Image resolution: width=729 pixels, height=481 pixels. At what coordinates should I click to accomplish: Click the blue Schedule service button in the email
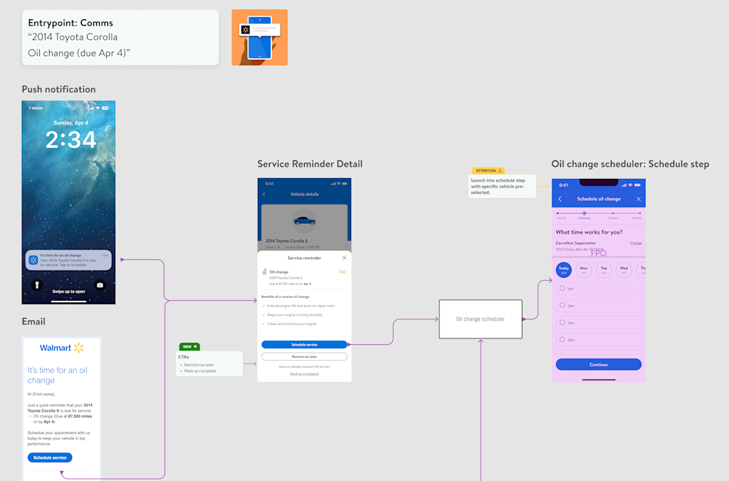click(50, 457)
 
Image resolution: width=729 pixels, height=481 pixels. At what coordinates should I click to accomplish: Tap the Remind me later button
click(304, 356)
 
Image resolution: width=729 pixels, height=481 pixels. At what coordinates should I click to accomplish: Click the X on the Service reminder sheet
click(345, 258)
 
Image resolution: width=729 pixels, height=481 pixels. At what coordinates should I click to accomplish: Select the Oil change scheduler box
click(481, 319)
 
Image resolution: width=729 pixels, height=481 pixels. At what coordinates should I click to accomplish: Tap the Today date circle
click(563, 270)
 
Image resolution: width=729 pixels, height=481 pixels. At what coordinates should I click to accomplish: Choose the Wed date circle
click(624, 270)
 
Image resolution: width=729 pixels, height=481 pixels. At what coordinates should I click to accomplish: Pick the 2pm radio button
click(562, 305)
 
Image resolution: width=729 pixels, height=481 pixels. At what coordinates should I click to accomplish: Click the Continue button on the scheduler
click(598, 364)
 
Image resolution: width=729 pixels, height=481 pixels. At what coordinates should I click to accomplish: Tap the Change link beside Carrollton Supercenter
click(636, 243)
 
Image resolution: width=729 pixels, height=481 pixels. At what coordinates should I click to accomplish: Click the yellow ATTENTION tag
click(488, 171)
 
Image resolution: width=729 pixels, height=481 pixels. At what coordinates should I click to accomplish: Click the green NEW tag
click(189, 347)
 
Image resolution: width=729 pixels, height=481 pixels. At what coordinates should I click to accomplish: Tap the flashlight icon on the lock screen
click(38, 285)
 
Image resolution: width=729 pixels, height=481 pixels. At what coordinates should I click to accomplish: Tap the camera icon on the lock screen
click(100, 285)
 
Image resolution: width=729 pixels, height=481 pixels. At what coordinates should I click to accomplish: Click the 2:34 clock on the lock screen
click(71, 140)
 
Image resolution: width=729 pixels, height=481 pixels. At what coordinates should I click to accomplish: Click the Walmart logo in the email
click(62, 348)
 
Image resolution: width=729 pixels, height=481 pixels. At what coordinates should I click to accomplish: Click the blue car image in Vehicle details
click(304, 220)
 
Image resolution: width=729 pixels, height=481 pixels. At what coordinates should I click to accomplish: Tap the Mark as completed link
click(304, 374)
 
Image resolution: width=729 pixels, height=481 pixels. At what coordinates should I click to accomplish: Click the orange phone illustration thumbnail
click(259, 37)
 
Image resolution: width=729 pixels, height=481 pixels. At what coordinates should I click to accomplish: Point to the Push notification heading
click(58, 89)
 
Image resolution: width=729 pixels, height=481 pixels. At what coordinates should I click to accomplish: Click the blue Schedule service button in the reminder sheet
click(304, 344)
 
